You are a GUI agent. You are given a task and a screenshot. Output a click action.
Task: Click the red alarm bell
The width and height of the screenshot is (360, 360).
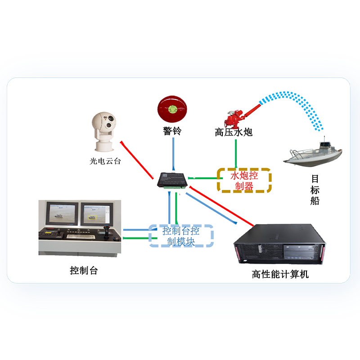click(x=171, y=108)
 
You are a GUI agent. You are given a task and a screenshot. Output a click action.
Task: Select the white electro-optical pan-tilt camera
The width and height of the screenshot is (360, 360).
click(x=104, y=131)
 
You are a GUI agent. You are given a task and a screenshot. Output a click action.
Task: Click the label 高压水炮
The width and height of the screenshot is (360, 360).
click(x=234, y=132)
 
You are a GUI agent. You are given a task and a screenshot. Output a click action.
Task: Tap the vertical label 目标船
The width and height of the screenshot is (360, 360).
click(x=315, y=189)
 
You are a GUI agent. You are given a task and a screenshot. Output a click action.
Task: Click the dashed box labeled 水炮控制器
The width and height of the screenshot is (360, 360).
click(x=244, y=180)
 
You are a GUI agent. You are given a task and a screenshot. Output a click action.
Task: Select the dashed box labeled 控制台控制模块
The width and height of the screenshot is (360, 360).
click(x=181, y=236)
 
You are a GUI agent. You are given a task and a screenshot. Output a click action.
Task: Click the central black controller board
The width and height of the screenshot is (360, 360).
click(x=172, y=180)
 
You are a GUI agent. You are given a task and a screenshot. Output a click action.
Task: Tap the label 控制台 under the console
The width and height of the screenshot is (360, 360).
click(x=84, y=270)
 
